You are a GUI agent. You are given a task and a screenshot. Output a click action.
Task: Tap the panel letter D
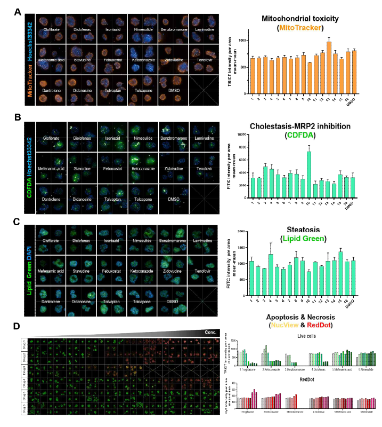click(x=18, y=325)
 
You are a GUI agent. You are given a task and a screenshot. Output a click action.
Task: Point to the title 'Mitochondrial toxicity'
click(x=300, y=19)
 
